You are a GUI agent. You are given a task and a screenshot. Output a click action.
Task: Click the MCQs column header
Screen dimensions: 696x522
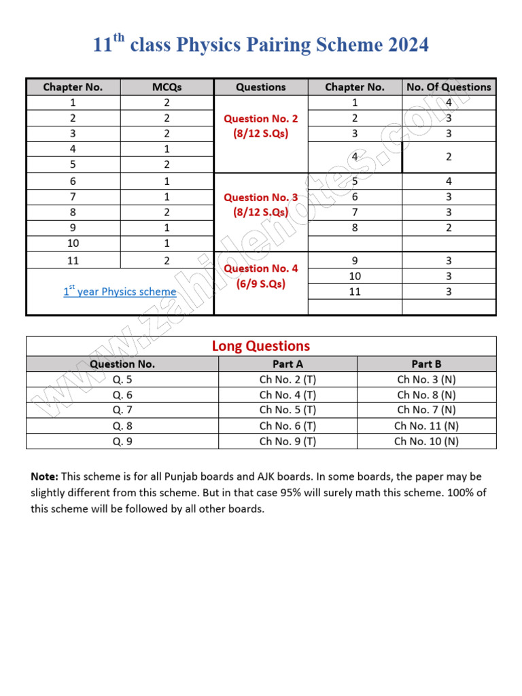167,87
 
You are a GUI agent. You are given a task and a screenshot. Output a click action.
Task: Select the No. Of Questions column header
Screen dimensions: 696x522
449,87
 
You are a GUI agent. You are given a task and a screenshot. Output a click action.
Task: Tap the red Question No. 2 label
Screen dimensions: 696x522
260,118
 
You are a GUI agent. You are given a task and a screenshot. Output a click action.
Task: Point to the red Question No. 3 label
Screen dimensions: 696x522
260,197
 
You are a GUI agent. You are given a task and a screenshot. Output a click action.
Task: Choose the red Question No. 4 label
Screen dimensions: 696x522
260,268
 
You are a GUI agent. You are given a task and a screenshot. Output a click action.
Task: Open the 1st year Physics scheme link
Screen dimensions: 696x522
120,292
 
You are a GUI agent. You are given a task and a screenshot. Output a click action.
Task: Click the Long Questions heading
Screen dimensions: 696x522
260,346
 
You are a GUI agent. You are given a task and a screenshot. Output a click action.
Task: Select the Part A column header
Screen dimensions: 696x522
288,364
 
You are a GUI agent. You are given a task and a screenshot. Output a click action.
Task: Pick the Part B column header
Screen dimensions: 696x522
426,364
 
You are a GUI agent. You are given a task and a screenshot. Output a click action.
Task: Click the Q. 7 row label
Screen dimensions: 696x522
122,410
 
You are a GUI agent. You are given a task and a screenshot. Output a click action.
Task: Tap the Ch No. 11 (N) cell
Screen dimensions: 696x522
426,425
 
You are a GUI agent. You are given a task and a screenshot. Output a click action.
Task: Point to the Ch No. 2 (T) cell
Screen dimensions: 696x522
288,379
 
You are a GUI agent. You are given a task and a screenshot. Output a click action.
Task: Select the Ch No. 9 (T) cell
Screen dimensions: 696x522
288,441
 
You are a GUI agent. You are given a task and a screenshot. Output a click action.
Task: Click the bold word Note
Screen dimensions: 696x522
44,476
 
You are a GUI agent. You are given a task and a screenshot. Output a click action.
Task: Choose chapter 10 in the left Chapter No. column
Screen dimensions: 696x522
73,243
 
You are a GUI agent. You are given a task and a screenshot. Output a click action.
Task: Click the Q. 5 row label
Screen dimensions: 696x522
122,379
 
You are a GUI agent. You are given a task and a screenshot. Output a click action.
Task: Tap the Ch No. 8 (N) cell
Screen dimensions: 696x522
426,395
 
